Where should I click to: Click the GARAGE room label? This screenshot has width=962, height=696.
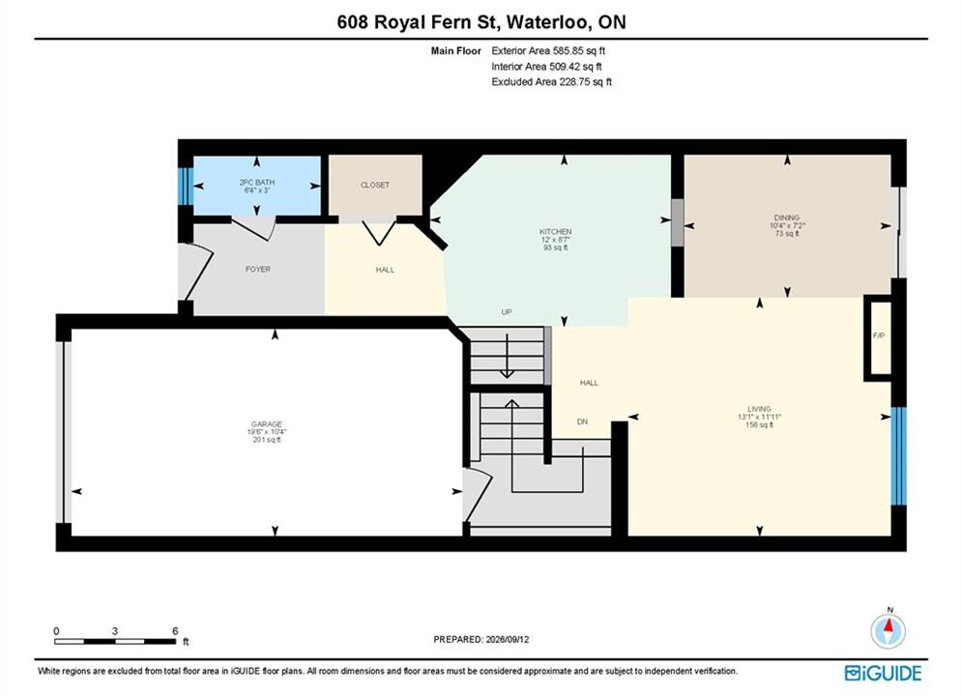(x=266, y=423)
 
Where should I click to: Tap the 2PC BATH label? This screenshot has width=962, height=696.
(x=256, y=182)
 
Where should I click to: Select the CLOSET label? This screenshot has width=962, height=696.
(x=375, y=185)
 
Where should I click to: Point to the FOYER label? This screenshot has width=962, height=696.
(x=258, y=269)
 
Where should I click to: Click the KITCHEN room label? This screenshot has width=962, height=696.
(x=555, y=231)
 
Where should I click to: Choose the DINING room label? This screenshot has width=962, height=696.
(x=787, y=217)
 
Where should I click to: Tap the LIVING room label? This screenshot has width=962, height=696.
(x=759, y=409)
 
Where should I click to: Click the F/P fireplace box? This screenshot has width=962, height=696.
(x=878, y=338)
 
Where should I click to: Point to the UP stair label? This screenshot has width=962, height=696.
(x=507, y=312)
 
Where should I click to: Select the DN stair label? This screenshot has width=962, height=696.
(x=582, y=421)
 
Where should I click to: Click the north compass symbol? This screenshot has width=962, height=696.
(x=888, y=628)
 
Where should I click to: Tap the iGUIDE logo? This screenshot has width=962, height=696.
(x=883, y=674)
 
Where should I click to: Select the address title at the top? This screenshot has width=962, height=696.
(x=481, y=22)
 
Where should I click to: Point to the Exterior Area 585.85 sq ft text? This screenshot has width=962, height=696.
(x=548, y=51)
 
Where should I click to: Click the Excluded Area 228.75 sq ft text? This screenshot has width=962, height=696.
(x=551, y=81)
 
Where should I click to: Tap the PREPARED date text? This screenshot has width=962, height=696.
(x=481, y=639)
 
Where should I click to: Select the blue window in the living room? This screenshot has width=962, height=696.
(x=898, y=455)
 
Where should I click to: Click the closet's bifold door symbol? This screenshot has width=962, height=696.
(x=379, y=233)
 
